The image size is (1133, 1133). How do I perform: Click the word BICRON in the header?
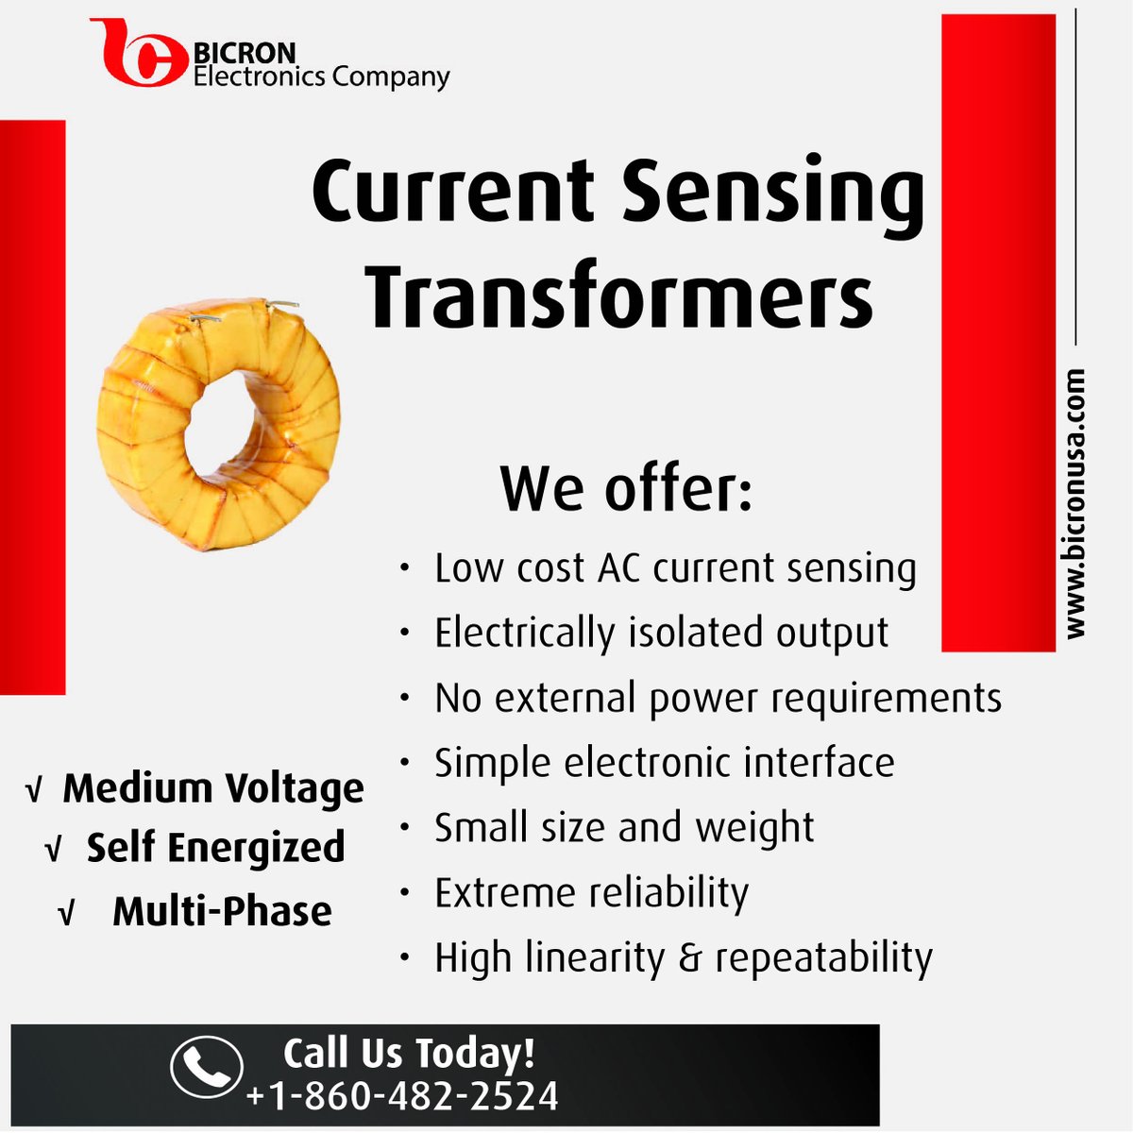point(245,53)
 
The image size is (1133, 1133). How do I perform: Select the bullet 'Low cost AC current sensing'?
point(674,568)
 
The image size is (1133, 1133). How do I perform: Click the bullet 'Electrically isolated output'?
point(661,633)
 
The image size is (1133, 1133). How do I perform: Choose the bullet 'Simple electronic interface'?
point(664,762)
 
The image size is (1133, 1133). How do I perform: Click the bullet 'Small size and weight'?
point(623,827)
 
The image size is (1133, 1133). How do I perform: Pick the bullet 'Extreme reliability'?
point(591,892)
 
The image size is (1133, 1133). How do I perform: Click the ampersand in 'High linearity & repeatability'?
point(690,958)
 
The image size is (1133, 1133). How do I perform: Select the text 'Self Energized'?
point(215,848)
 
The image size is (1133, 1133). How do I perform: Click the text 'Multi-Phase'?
point(222,911)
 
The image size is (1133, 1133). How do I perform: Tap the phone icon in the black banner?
point(206,1067)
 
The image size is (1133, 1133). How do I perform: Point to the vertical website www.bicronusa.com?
point(1074,504)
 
